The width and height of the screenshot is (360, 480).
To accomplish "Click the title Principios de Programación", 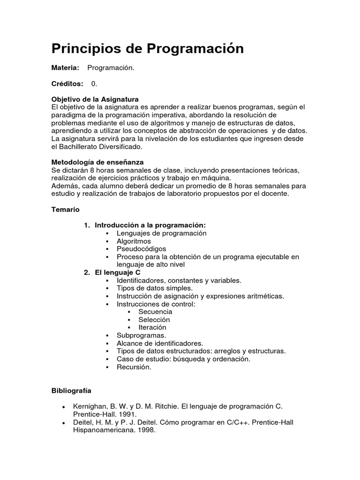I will [147, 48].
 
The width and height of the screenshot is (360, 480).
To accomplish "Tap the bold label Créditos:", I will [67, 83].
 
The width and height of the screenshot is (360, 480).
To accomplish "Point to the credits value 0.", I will [94, 83].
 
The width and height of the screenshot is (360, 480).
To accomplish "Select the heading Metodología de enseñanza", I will [97, 162].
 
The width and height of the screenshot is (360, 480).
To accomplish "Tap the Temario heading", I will [65, 209].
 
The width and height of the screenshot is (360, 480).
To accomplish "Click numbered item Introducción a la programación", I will [150, 225].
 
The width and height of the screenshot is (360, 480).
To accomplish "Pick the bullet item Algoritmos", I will [134, 241].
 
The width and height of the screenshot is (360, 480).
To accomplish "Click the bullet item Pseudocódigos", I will [141, 249].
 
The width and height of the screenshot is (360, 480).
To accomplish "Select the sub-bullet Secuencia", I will [155, 312].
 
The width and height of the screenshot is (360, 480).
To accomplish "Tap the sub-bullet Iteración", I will [152, 327].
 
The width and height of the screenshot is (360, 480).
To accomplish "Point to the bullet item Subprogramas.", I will [141, 335].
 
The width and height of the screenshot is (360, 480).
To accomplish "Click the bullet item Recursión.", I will [134, 367].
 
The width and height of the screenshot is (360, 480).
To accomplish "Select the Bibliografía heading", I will [71, 390].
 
